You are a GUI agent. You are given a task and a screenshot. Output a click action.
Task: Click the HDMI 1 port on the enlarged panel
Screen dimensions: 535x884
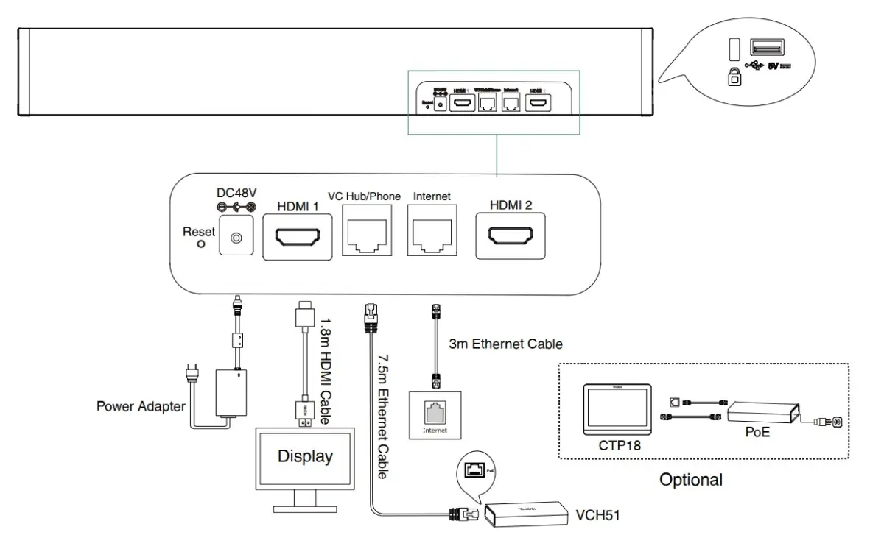tap(298, 237)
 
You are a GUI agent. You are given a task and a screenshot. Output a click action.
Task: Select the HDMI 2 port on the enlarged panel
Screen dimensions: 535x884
tap(510, 237)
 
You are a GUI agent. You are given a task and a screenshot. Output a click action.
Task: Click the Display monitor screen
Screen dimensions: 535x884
tap(305, 457)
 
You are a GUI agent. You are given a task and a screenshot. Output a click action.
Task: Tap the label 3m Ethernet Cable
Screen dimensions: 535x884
tap(506, 344)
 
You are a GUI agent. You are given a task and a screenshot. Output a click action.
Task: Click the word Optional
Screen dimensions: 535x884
tap(690, 481)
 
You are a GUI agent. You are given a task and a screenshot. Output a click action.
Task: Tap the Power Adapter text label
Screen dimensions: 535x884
tap(141, 405)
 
